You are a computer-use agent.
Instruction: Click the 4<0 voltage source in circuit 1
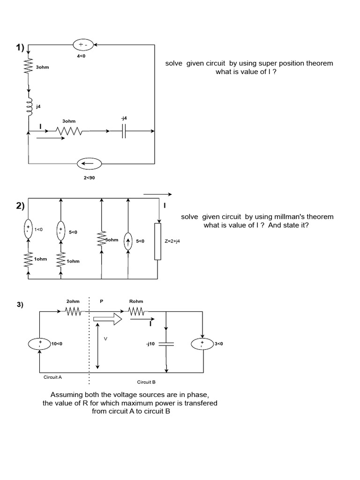tap(85, 45)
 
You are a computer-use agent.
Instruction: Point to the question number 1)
tap(19, 48)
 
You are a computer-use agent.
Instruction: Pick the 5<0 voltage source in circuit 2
tap(60, 232)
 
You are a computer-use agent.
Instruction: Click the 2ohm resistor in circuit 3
tap(73, 311)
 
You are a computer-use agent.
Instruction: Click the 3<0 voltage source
tap(202, 344)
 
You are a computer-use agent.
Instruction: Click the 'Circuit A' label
tap(50, 376)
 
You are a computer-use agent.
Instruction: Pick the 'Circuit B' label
tap(146, 382)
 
